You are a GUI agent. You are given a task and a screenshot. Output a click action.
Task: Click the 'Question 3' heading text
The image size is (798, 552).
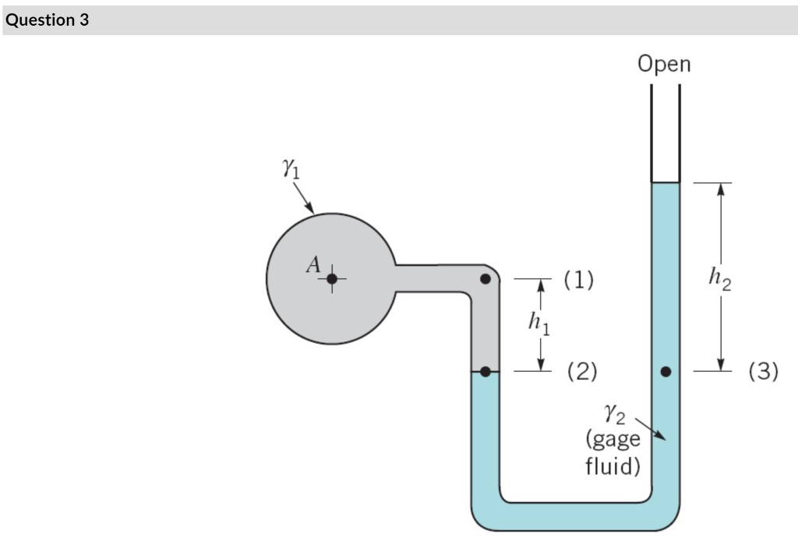(x=47, y=20)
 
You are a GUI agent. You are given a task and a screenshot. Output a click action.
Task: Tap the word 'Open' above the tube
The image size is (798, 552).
(x=664, y=64)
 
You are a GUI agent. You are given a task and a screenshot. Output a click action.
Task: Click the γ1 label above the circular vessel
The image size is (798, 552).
(x=290, y=169)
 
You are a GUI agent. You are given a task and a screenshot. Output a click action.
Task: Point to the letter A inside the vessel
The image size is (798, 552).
(x=313, y=264)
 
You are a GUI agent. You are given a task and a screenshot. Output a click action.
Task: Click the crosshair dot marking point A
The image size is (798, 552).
(x=332, y=278)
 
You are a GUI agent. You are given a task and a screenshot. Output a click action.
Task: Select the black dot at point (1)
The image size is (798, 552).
(x=485, y=278)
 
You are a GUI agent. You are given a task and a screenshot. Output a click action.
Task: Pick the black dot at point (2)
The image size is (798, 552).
(x=485, y=372)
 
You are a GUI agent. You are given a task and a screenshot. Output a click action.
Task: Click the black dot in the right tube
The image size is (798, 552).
(x=666, y=372)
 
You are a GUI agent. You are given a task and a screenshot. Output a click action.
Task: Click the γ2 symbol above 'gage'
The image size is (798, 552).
(x=613, y=412)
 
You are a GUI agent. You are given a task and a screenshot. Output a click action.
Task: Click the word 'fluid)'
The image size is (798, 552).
(x=613, y=466)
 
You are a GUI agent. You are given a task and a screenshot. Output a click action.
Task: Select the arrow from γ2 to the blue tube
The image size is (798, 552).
(x=650, y=429)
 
